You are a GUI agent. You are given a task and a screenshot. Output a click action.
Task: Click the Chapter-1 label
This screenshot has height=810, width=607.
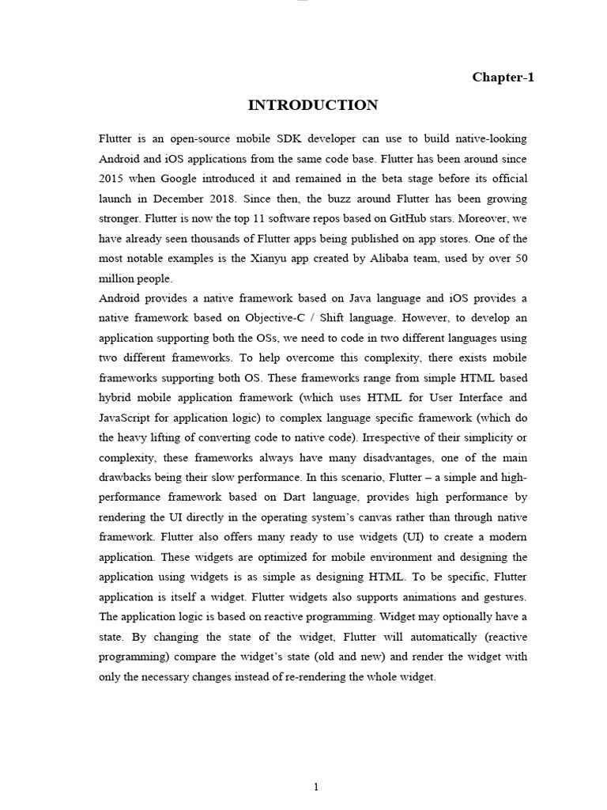click(x=503, y=77)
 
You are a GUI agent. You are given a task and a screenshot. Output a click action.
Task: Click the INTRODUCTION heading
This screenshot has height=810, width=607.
click(x=313, y=105)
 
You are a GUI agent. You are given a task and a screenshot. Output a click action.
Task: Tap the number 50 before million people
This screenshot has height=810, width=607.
click(x=519, y=258)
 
